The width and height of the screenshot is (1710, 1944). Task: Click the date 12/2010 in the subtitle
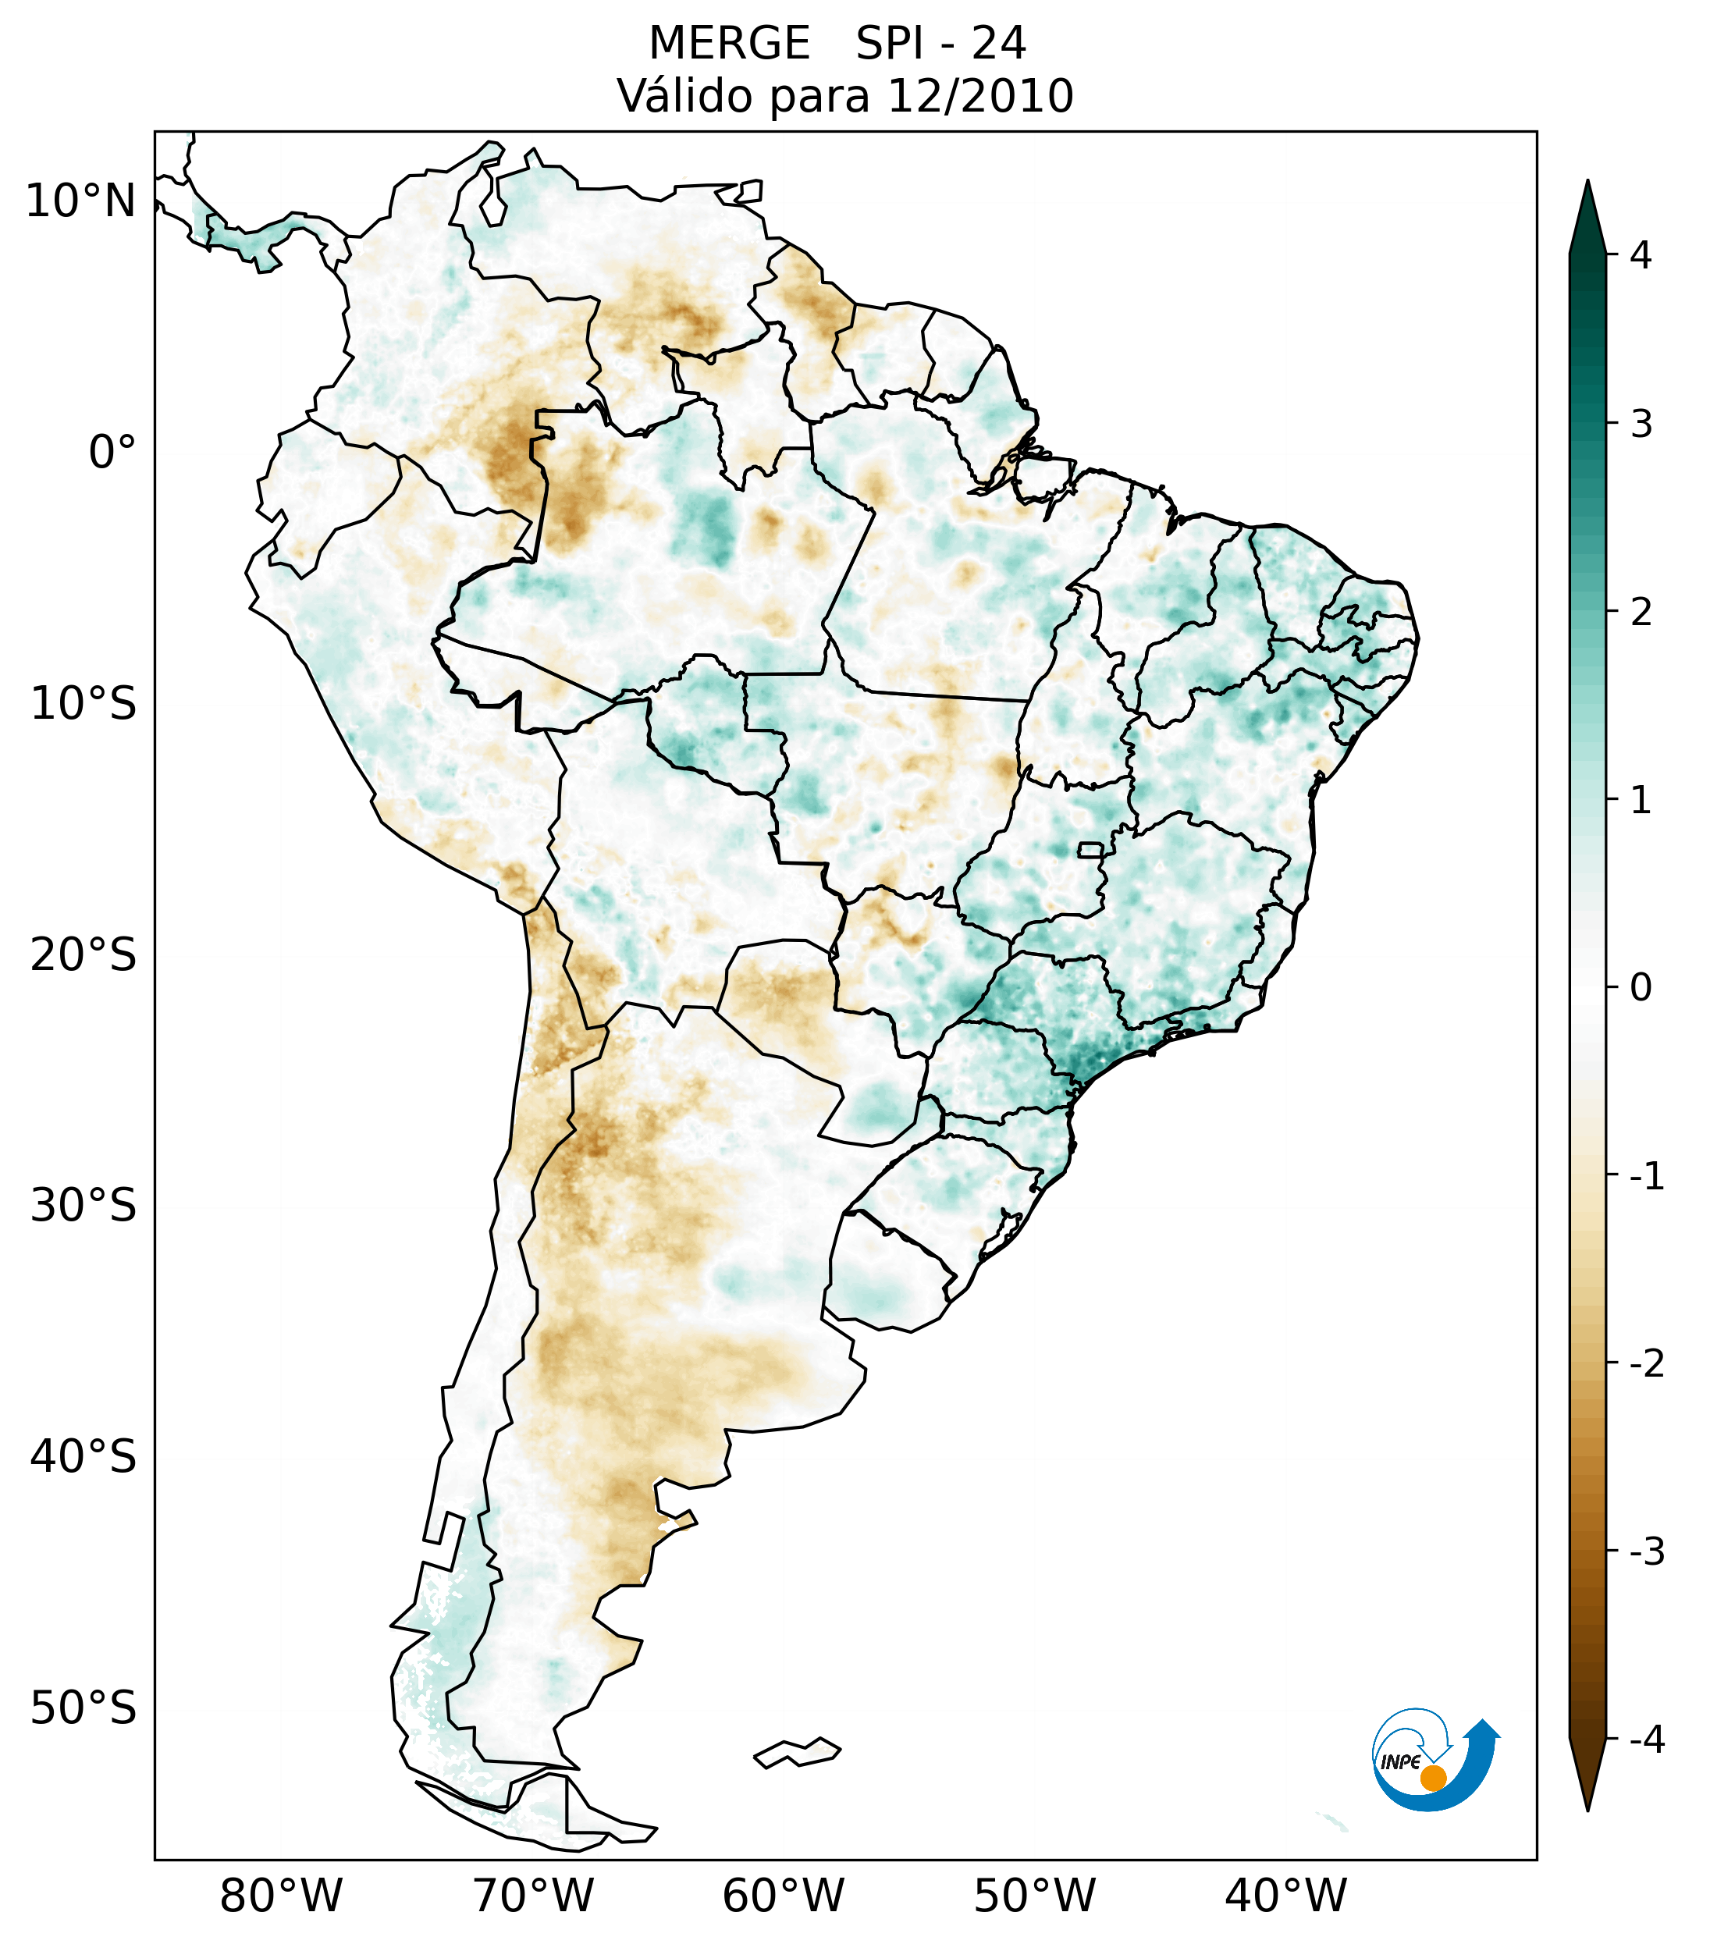[979, 96]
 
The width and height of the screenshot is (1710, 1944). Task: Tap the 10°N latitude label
[81, 201]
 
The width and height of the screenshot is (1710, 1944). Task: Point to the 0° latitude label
[112, 453]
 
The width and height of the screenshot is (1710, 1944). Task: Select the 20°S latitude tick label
[84, 955]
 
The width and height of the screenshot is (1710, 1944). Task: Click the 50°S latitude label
[84, 1709]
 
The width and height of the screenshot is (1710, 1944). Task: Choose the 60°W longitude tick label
[783, 1896]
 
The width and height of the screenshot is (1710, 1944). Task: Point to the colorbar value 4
[1641, 255]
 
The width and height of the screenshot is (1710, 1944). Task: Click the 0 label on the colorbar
[1641, 988]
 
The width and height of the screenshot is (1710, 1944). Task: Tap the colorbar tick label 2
[1641, 613]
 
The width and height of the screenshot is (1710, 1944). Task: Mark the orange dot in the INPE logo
[1433, 1778]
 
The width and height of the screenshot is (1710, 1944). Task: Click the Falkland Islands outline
[797, 1752]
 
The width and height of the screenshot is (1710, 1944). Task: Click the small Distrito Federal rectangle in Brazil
[1091, 849]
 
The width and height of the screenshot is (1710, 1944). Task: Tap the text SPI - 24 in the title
[940, 44]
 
